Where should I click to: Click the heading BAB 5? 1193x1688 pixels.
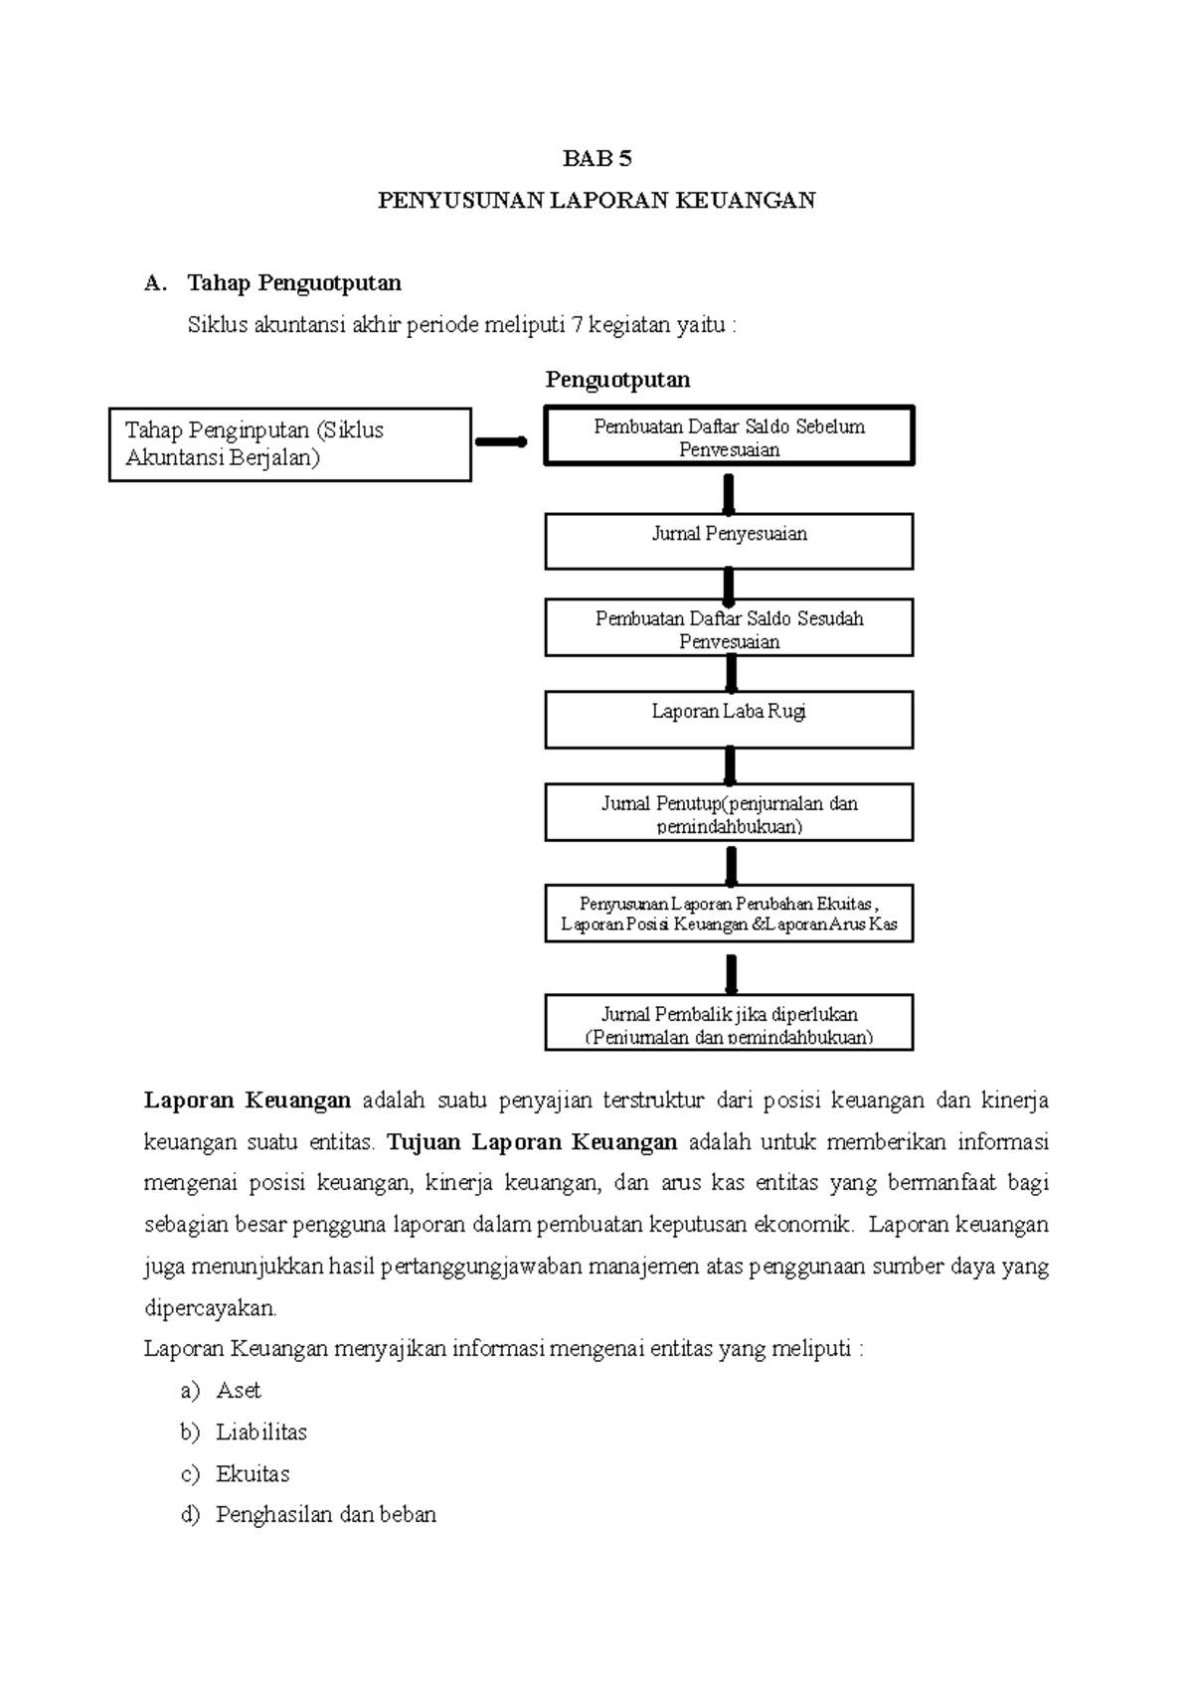(596, 158)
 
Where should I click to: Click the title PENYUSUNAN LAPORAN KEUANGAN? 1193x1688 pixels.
(596, 201)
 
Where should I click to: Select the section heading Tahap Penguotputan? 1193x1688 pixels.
(294, 283)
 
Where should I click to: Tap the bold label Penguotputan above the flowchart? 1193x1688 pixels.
(617, 380)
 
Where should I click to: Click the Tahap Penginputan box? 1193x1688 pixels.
(289, 444)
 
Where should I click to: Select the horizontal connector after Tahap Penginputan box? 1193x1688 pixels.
(502, 442)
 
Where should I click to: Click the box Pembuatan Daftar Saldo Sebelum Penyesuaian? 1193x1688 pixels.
(729, 436)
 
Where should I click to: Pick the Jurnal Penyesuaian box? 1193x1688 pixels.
(729, 541)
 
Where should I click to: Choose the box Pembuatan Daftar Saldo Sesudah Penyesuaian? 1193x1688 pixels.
(729, 628)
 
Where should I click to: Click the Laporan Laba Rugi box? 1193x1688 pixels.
(729, 720)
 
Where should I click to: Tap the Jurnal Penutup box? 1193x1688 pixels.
(729, 813)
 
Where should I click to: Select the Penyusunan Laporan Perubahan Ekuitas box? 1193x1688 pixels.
(729, 915)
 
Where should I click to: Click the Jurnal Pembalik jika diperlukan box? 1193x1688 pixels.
(729, 1024)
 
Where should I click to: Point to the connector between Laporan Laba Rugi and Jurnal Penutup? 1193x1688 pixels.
(730, 765)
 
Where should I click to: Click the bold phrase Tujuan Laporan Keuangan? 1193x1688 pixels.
(532, 1142)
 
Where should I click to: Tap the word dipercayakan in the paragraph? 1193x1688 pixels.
(211, 1307)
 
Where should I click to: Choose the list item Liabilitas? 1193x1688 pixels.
(260, 1433)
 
